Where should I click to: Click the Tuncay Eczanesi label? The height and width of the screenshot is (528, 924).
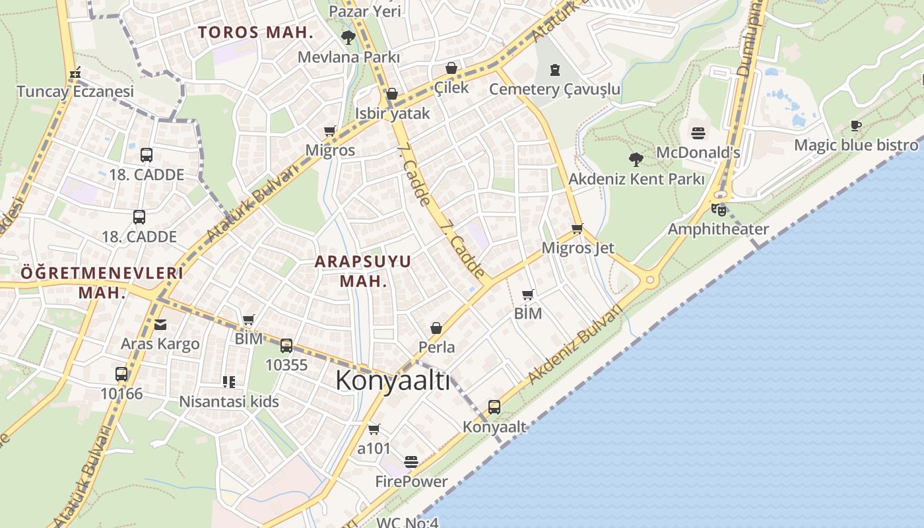[75, 91]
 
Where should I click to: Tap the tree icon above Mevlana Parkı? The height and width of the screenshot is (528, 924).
[348, 38]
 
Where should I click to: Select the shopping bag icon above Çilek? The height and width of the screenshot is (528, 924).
[451, 68]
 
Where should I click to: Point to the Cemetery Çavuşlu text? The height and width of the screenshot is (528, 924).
[554, 89]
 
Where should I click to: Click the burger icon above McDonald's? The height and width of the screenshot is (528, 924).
[698, 133]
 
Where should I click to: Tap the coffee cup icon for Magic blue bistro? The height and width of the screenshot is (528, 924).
[856, 125]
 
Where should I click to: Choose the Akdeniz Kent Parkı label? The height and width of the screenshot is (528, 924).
[636, 179]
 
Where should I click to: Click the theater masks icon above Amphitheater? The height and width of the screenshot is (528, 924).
[718, 210]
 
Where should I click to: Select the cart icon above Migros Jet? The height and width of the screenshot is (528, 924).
[577, 229]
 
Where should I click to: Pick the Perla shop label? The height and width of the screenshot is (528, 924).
[436, 346]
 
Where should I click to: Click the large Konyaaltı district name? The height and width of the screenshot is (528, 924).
[393, 381]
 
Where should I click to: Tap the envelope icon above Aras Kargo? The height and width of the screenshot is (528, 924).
[160, 324]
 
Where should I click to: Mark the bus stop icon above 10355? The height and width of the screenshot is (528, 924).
[286, 345]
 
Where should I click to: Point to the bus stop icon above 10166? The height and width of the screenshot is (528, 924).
[121, 374]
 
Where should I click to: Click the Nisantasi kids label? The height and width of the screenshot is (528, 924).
[229, 401]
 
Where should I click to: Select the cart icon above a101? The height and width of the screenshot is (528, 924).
[374, 430]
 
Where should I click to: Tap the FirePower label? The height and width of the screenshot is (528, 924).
[411, 482]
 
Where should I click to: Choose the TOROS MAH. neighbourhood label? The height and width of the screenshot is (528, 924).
[255, 32]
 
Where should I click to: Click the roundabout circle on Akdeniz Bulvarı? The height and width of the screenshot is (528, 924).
[650, 280]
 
